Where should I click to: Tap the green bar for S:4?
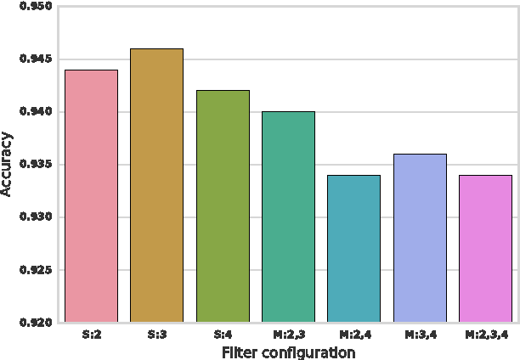(x=223, y=206)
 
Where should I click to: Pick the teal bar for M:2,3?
(x=288, y=217)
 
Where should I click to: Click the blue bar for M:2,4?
(x=353, y=249)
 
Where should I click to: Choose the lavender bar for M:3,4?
(x=420, y=239)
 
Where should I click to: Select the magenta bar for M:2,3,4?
(x=485, y=249)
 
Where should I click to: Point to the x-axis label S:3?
(x=156, y=335)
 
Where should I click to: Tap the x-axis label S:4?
(x=223, y=335)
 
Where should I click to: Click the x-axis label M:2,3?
(x=288, y=335)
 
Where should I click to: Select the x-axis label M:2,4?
(x=353, y=335)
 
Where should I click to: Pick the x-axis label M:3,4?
(x=420, y=335)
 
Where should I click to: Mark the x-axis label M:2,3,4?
(x=485, y=335)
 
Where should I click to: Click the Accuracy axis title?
(x=8, y=165)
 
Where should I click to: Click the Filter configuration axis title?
(x=288, y=352)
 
